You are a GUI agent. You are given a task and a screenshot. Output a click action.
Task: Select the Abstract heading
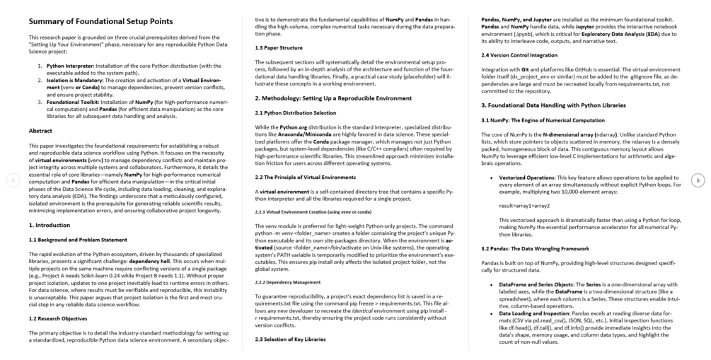coord(40,131)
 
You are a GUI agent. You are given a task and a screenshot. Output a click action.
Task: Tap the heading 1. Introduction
coord(50,224)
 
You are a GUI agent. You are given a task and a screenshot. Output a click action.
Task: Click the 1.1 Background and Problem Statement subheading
coord(78,240)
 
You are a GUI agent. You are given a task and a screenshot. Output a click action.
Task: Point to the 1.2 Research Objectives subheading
coord(58,318)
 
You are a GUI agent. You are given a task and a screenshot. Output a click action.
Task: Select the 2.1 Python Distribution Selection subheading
coord(296,113)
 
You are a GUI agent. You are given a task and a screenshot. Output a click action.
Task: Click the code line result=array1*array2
coord(524,206)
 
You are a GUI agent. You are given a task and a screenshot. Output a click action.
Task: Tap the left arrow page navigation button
coord(12,180)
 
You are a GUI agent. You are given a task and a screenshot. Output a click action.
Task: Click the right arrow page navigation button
coord(698,180)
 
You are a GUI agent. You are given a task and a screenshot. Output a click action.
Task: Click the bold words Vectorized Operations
coord(531,176)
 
